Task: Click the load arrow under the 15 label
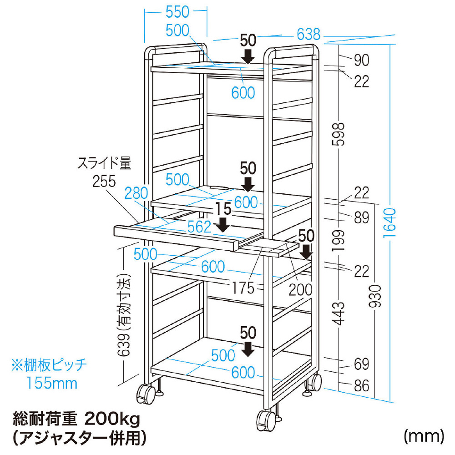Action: tap(223, 225)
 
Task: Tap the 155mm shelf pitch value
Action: tap(51, 383)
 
